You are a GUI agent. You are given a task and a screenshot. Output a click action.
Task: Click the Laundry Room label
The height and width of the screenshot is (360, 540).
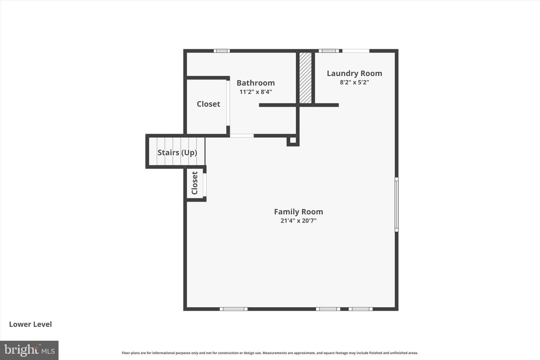pyautogui.click(x=354, y=73)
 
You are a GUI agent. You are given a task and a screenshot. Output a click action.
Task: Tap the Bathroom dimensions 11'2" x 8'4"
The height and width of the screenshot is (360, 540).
pyautogui.click(x=255, y=92)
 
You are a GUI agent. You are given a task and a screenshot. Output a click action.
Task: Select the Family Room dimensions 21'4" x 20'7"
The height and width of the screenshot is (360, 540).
pyautogui.click(x=298, y=220)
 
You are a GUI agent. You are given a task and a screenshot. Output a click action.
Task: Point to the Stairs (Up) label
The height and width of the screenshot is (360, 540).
pyautogui.click(x=177, y=152)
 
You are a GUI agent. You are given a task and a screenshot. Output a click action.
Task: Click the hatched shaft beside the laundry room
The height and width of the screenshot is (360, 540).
pyautogui.click(x=305, y=78)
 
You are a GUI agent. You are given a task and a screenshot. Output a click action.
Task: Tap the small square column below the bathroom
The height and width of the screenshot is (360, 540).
pyautogui.click(x=293, y=140)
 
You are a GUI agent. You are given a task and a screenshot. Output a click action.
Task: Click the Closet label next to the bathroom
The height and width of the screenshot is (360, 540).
pyautogui.click(x=208, y=104)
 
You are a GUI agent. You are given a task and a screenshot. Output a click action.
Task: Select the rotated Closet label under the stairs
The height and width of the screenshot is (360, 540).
pyautogui.click(x=195, y=183)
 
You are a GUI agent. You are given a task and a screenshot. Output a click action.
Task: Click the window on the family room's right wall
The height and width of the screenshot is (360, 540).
pyautogui.click(x=396, y=204)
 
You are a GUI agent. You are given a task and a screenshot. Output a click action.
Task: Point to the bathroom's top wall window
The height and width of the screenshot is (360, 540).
pyautogui.click(x=222, y=51)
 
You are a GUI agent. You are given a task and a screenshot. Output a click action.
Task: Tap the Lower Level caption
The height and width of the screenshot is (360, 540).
pyautogui.click(x=30, y=324)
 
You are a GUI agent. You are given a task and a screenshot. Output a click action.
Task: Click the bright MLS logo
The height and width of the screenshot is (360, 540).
pyautogui.click(x=29, y=350)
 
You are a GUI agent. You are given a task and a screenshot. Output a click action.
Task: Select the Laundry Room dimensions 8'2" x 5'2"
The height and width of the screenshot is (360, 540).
pyautogui.click(x=354, y=82)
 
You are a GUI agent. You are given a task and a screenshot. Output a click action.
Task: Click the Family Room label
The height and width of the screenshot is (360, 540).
pyautogui.click(x=298, y=212)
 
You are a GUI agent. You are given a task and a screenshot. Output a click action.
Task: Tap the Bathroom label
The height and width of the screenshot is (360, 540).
pyautogui.click(x=255, y=83)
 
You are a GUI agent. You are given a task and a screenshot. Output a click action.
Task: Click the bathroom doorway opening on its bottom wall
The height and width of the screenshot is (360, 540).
pyautogui.click(x=242, y=136)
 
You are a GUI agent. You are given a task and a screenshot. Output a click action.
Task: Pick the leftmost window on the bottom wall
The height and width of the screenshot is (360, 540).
pyautogui.click(x=234, y=309)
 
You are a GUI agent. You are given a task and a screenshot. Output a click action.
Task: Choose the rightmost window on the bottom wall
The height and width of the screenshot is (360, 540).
pyautogui.click(x=361, y=309)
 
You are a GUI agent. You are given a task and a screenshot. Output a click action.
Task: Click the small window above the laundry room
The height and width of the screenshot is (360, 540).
pyautogui.click(x=329, y=51)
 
